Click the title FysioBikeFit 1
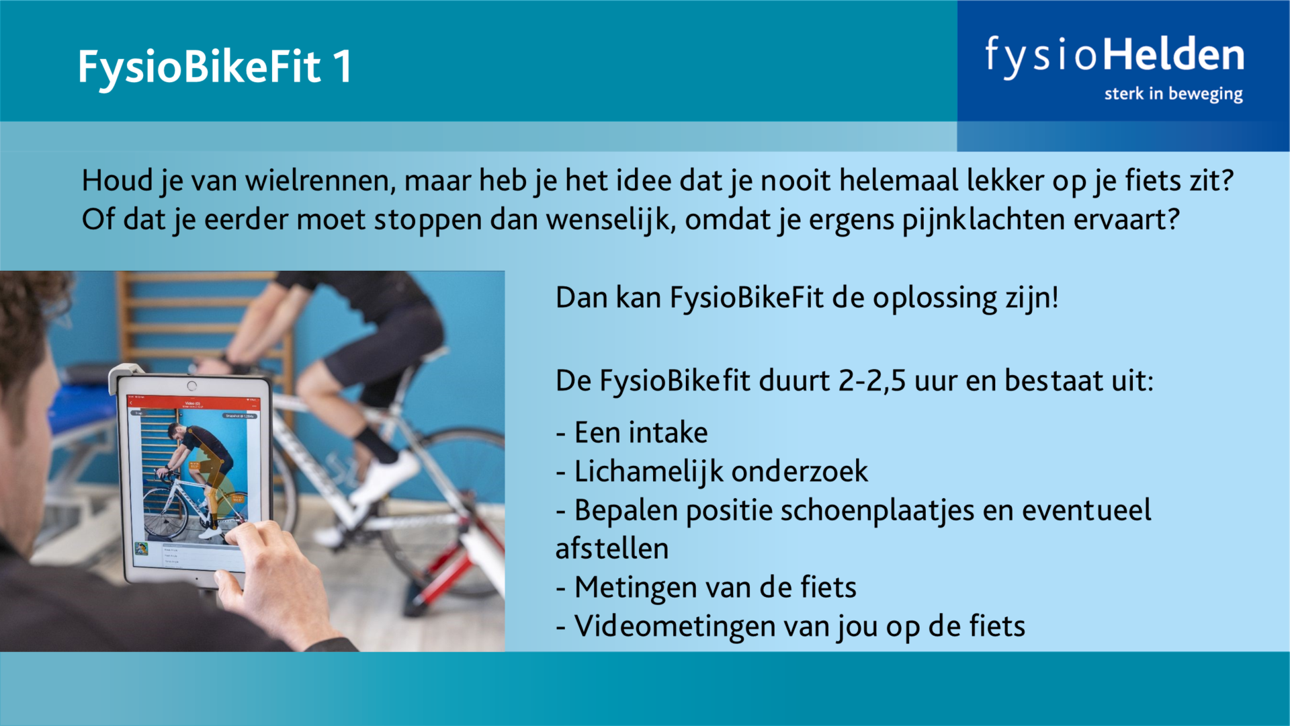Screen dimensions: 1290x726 [x=214, y=68]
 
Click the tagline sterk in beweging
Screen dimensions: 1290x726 [x=1173, y=94]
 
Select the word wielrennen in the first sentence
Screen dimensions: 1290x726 [x=320, y=181]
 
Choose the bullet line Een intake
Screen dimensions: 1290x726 [x=632, y=432]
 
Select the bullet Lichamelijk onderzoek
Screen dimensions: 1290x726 [x=712, y=472]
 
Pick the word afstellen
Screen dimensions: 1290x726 [x=612, y=549]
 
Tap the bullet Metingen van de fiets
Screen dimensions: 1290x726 [x=706, y=588]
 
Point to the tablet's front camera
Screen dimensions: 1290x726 [x=192, y=386]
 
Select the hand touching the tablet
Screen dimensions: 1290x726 [x=272, y=571]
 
